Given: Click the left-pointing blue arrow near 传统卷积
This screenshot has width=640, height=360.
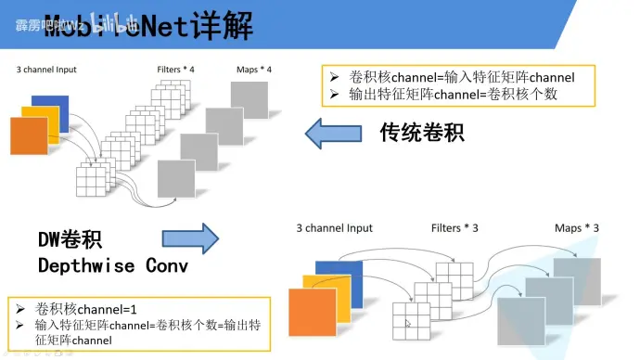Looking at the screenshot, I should [x=339, y=135].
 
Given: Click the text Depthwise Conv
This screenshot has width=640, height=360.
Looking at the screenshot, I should [x=112, y=265].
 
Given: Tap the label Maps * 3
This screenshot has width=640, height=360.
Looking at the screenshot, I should [x=576, y=227].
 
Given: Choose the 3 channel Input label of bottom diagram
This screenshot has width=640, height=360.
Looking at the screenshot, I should [x=334, y=227].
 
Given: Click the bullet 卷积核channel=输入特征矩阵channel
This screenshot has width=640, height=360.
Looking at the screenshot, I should [x=461, y=77].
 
